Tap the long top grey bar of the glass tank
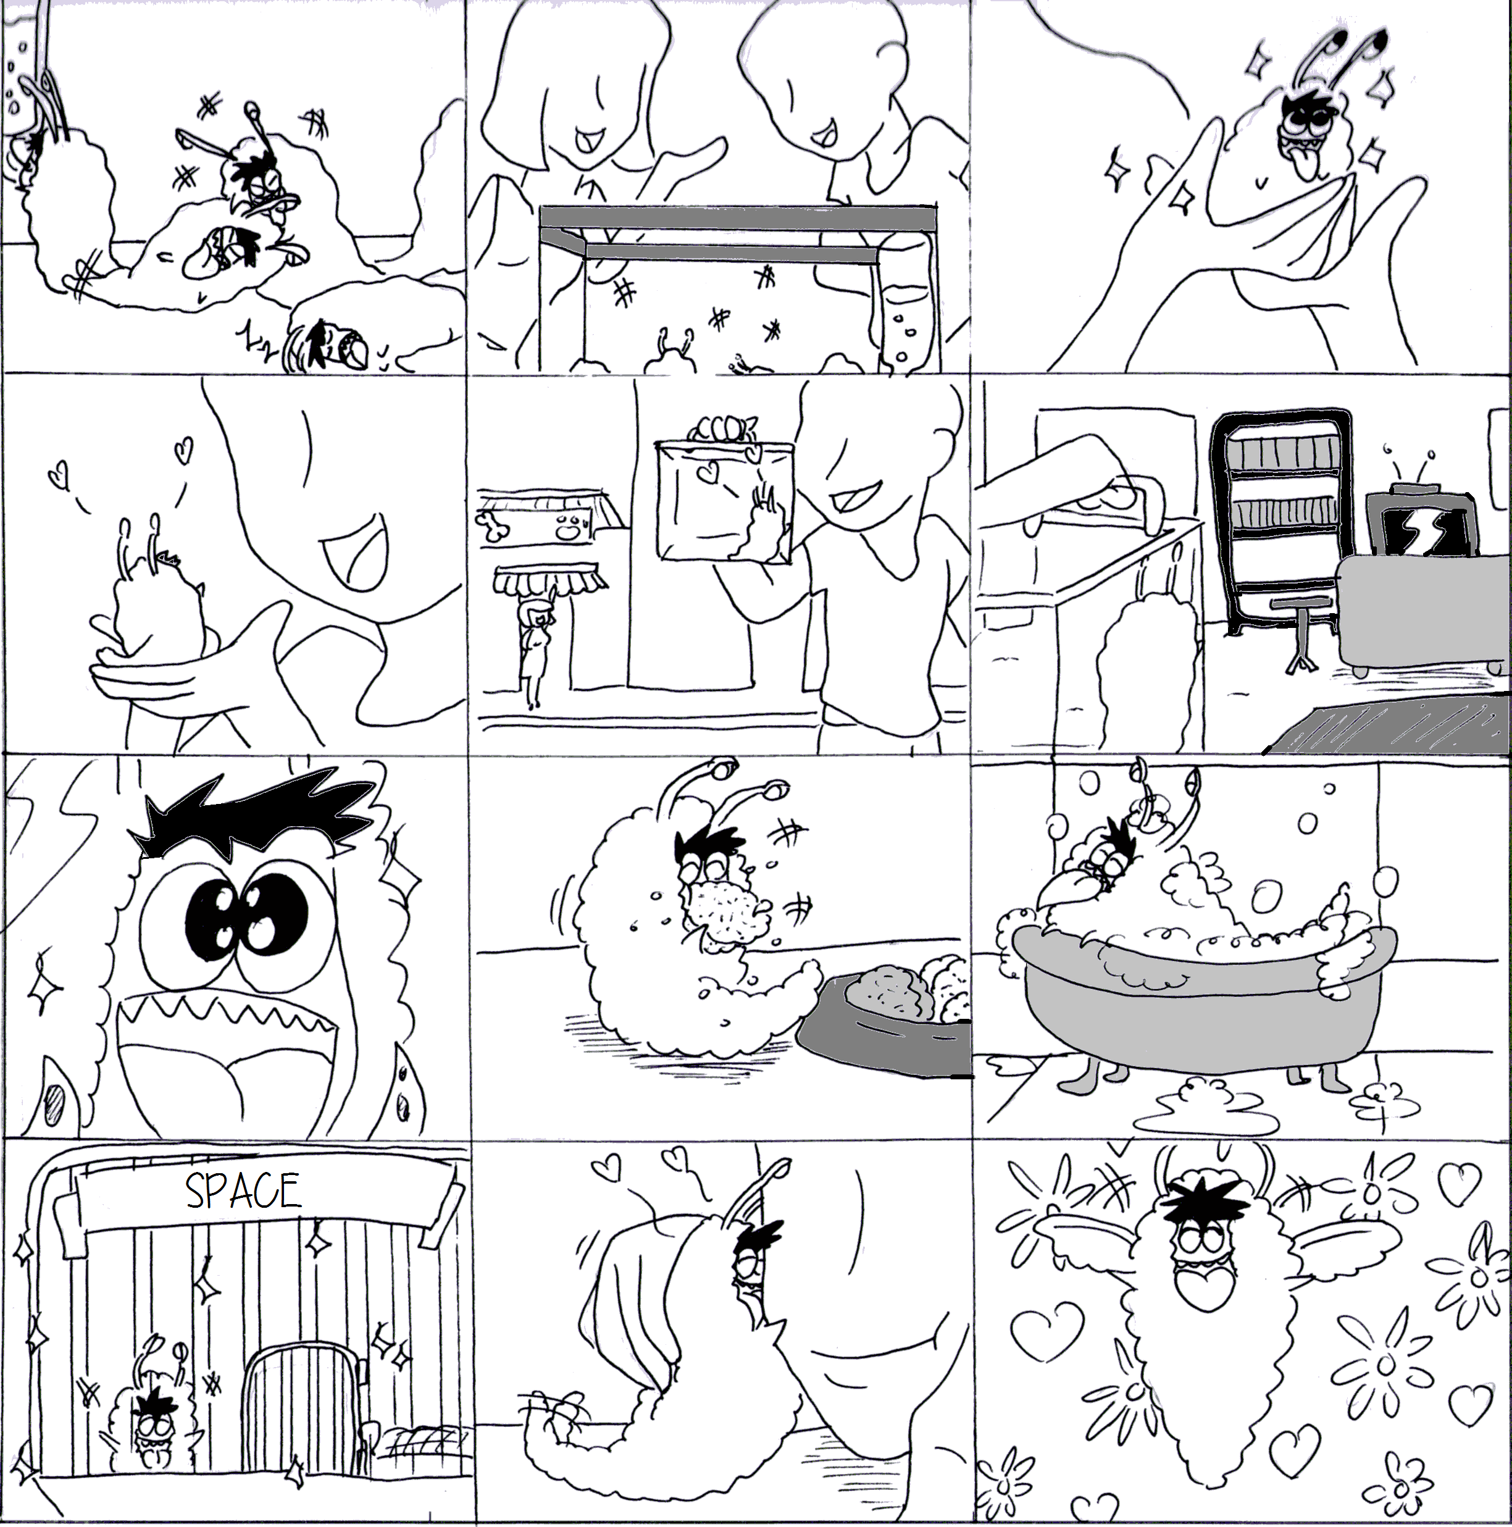737,218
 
